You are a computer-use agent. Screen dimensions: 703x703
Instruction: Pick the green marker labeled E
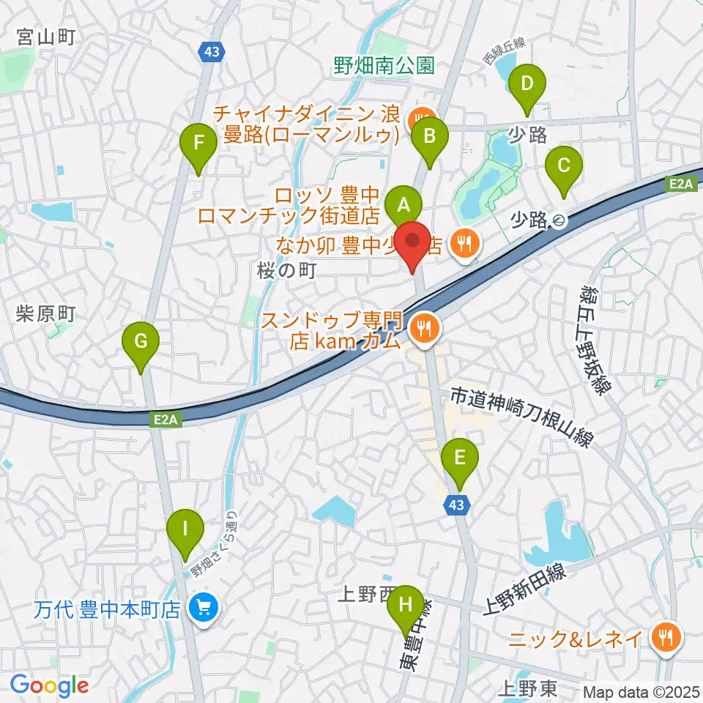pyautogui.click(x=459, y=459)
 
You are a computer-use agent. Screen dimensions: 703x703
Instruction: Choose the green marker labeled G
pyautogui.click(x=141, y=342)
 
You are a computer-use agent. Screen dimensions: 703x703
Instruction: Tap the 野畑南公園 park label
pyautogui.click(x=384, y=67)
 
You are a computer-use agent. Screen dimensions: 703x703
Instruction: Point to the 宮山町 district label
pyautogui.click(x=48, y=35)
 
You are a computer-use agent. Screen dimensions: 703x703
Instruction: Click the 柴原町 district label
pyautogui.click(x=45, y=314)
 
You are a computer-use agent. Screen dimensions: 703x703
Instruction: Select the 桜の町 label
pyautogui.click(x=286, y=270)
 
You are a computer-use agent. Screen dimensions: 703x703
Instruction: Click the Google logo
pyautogui.click(x=49, y=685)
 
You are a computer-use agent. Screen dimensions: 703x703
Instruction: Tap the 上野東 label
pyautogui.click(x=527, y=688)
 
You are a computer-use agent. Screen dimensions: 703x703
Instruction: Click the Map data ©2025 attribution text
pyautogui.click(x=641, y=691)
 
